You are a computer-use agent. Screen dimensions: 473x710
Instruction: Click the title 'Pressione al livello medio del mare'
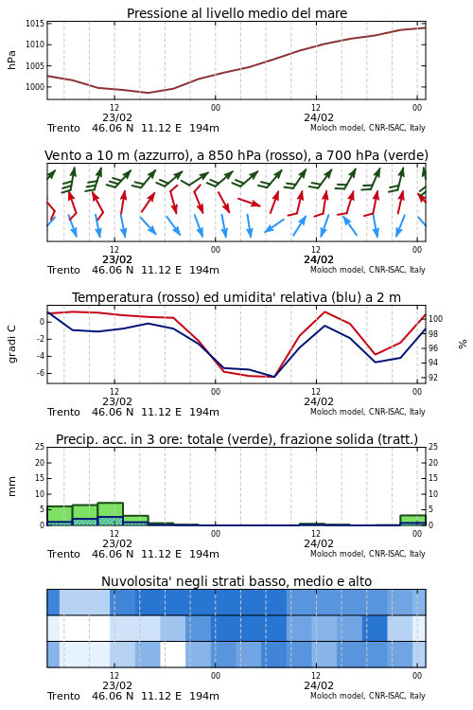tap(236, 13)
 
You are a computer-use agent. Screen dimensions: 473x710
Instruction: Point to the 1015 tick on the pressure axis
tap(35, 24)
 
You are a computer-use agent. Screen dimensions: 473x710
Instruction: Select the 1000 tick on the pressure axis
tap(35, 87)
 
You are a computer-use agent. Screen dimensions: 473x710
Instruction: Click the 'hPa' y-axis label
tap(11, 60)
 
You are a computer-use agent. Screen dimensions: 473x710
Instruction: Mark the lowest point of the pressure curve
tap(148, 93)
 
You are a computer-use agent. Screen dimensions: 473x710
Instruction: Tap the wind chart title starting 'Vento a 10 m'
tap(236, 156)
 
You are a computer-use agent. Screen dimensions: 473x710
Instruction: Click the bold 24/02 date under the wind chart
tap(319, 260)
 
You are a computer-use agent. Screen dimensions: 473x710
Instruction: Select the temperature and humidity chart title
tap(236, 297)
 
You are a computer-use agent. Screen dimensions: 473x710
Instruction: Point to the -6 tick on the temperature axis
tap(40, 373)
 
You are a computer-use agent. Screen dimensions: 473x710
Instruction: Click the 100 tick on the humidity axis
tap(435, 319)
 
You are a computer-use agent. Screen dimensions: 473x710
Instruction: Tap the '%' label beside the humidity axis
tap(463, 345)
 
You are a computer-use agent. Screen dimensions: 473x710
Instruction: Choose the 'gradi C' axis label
tap(11, 345)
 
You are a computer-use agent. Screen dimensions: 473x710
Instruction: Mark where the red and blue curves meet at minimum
tap(273, 377)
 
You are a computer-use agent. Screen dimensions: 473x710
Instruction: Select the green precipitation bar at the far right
tap(412, 520)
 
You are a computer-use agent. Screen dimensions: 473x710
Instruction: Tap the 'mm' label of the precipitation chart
tap(11, 487)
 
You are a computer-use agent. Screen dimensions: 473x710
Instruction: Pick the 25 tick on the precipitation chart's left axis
tap(40, 447)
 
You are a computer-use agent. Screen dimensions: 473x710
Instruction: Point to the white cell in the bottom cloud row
tap(173, 654)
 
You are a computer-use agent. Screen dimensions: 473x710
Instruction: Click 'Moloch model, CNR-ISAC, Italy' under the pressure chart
tap(368, 128)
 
